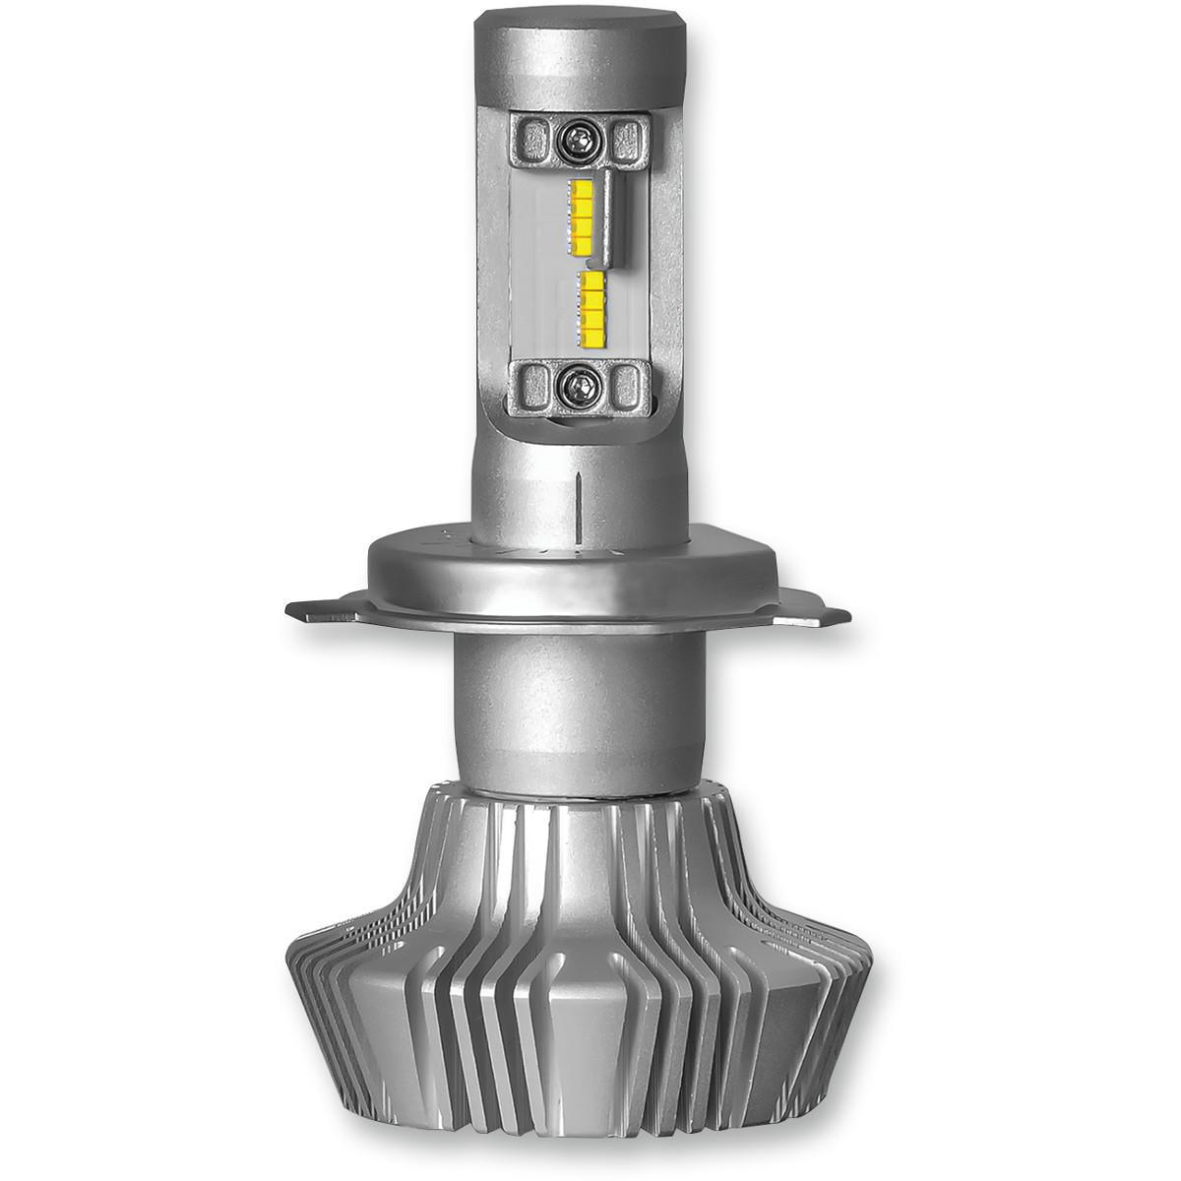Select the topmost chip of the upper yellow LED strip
tap(581, 188)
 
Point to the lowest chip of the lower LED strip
tap(592, 335)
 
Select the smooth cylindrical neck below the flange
tap(581, 689)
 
